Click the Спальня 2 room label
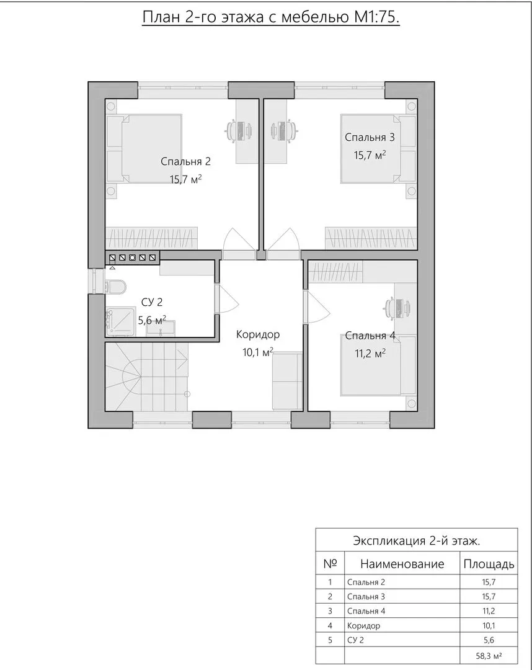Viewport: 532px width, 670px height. [185, 161]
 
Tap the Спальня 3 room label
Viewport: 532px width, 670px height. [370, 137]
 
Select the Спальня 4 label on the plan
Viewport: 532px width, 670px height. [370, 336]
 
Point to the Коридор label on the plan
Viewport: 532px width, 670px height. [258, 334]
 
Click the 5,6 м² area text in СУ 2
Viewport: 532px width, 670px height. [151, 319]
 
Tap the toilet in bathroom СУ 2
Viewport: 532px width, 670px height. [115, 286]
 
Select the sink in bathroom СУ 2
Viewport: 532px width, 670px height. [160, 327]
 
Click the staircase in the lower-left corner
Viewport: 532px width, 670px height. [146, 376]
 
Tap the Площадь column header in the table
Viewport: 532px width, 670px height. [489, 564]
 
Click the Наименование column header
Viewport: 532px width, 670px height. [402, 564]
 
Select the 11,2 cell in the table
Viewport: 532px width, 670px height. [489, 611]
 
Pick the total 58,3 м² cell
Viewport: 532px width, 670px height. [489, 655]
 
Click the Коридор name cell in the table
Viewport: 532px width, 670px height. [363, 626]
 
